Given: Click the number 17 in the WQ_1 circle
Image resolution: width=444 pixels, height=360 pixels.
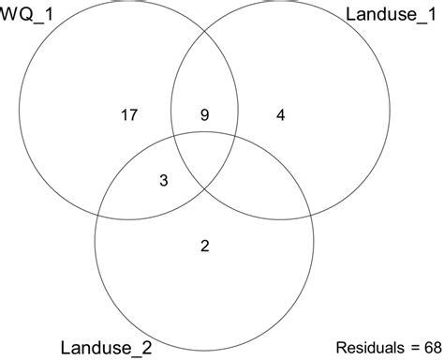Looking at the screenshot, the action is pos(128,116).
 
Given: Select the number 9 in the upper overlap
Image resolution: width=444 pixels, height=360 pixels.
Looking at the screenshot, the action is pos(205,116).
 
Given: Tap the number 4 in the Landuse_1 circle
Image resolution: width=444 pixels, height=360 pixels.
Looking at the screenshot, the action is pos(281,116).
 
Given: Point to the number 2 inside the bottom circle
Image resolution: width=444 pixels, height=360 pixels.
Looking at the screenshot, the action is pos(205,247).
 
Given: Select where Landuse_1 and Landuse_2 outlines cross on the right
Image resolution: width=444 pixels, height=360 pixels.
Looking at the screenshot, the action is pos(312,209).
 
